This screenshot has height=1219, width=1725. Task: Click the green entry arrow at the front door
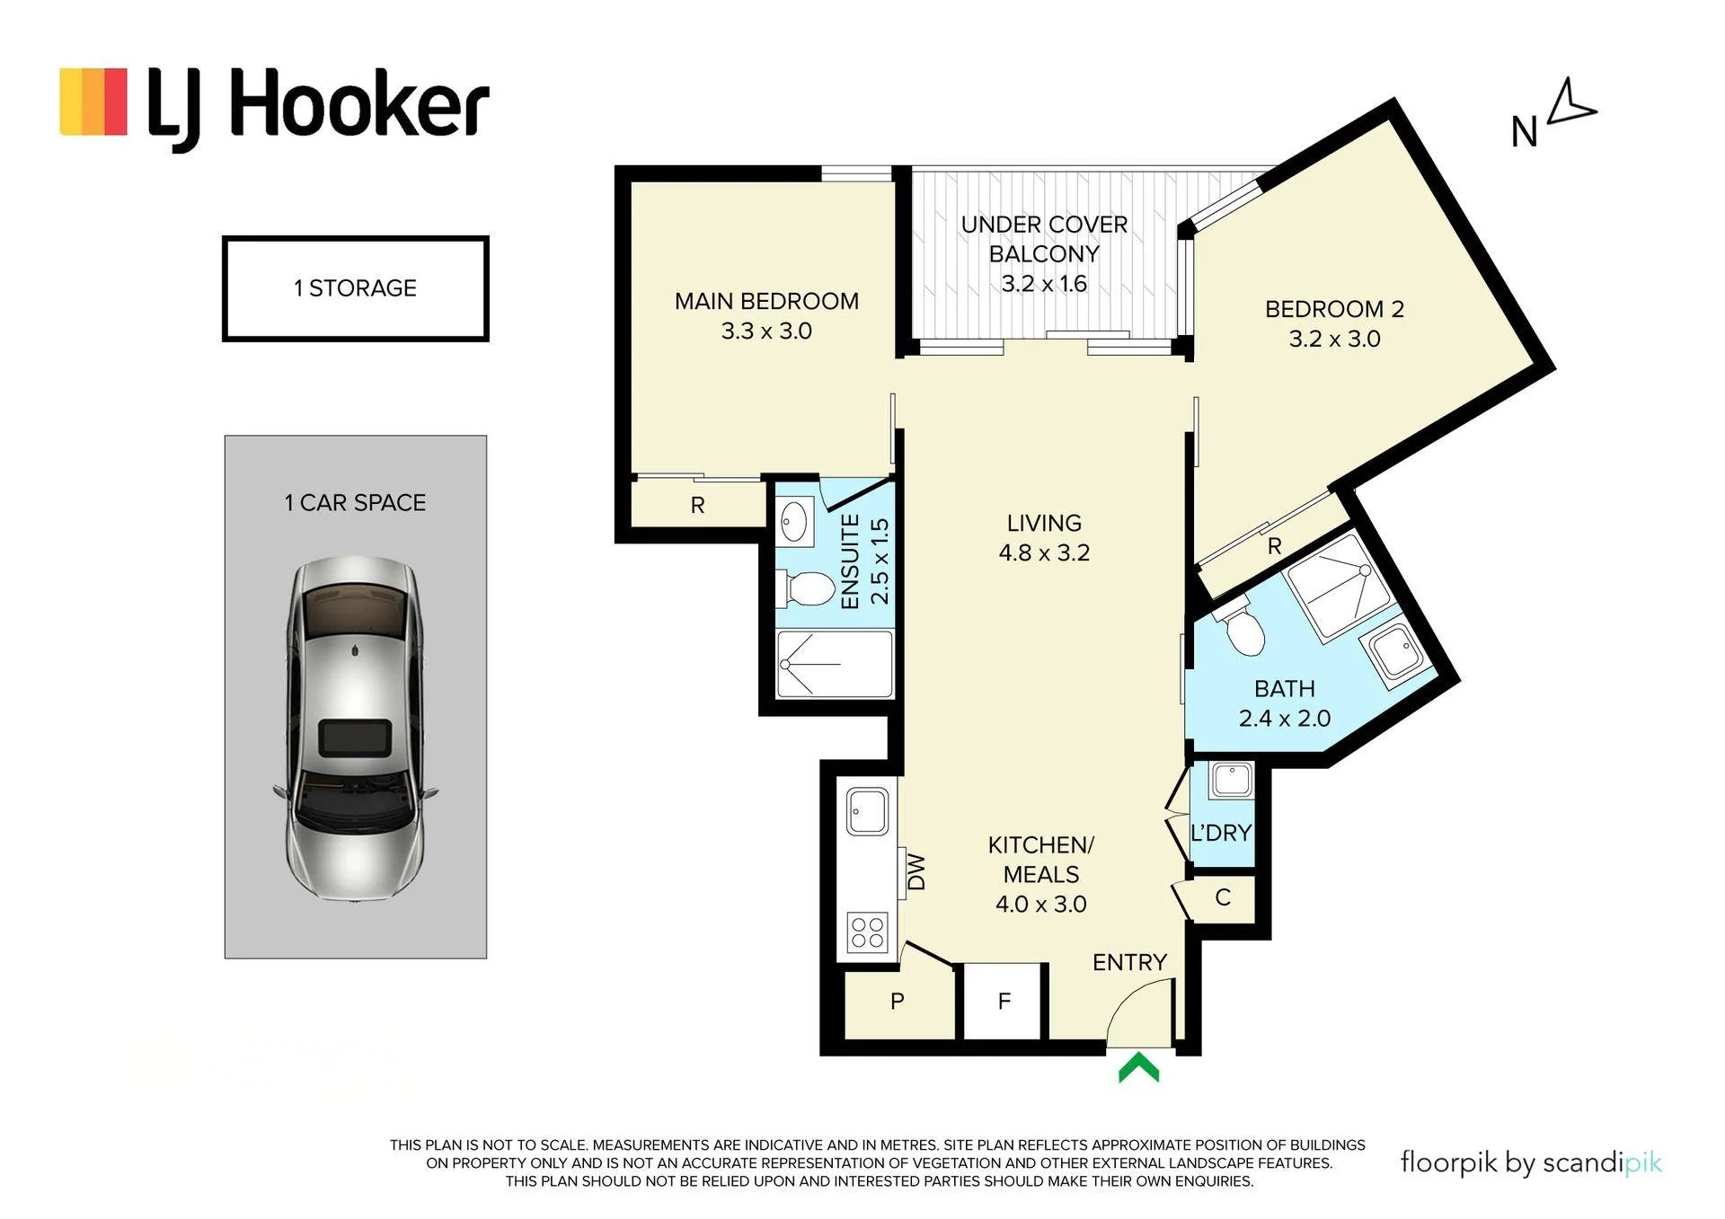pos(1138,1069)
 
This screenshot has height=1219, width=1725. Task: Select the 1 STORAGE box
pos(355,288)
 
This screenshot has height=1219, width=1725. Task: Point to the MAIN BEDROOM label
pos(766,301)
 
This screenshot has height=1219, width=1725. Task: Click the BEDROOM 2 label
pos(1334,309)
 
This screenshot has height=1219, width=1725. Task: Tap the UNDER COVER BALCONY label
pos(1044,239)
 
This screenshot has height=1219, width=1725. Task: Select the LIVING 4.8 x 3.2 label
pos(1044,537)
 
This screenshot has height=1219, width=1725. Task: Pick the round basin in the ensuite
pos(793,521)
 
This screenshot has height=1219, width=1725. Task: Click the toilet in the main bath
pos(1242,627)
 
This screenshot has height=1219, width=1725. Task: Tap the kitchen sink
pos(867,810)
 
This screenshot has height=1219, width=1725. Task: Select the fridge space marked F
pos(1004,1001)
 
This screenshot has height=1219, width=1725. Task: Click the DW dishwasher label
pos(916,871)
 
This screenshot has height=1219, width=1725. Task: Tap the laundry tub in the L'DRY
pos(1231,781)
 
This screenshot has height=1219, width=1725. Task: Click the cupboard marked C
pos(1222,897)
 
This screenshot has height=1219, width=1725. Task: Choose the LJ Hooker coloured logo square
pos(93,102)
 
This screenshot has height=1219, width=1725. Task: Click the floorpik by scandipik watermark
pos(1531,1162)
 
